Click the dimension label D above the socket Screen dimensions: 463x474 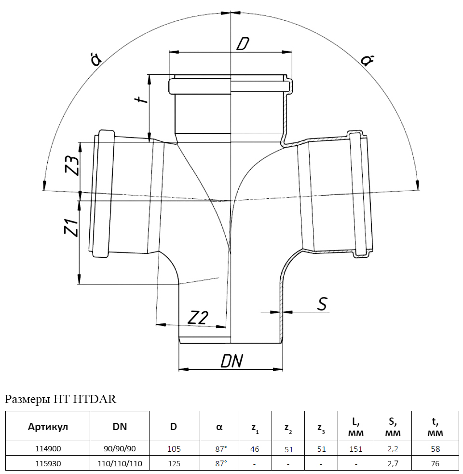tap(243, 44)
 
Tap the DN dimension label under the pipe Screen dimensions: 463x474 tap(231, 361)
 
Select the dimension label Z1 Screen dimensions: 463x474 tap(72, 228)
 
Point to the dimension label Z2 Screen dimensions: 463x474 tap(198, 318)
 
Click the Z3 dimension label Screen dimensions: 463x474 tap(72, 166)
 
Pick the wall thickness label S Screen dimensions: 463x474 tap(322, 304)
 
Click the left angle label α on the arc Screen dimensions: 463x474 tap(96, 59)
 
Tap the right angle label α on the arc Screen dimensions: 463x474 tap(367, 60)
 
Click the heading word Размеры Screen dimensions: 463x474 tap(27, 399)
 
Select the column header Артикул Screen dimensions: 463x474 tap(48, 427)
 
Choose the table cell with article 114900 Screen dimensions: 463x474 tap(48, 448)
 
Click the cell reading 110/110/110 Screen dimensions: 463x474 tap(120, 463)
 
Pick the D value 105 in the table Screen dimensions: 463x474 tap(174, 449)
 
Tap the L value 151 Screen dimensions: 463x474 tap(356, 449)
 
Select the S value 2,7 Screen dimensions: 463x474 tap(393, 463)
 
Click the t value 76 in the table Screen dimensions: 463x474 tap(435, 463)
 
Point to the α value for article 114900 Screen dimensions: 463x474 tap(221, 449)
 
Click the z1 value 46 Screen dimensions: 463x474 tap(255, 449)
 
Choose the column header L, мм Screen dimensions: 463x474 tap(356, 427)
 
